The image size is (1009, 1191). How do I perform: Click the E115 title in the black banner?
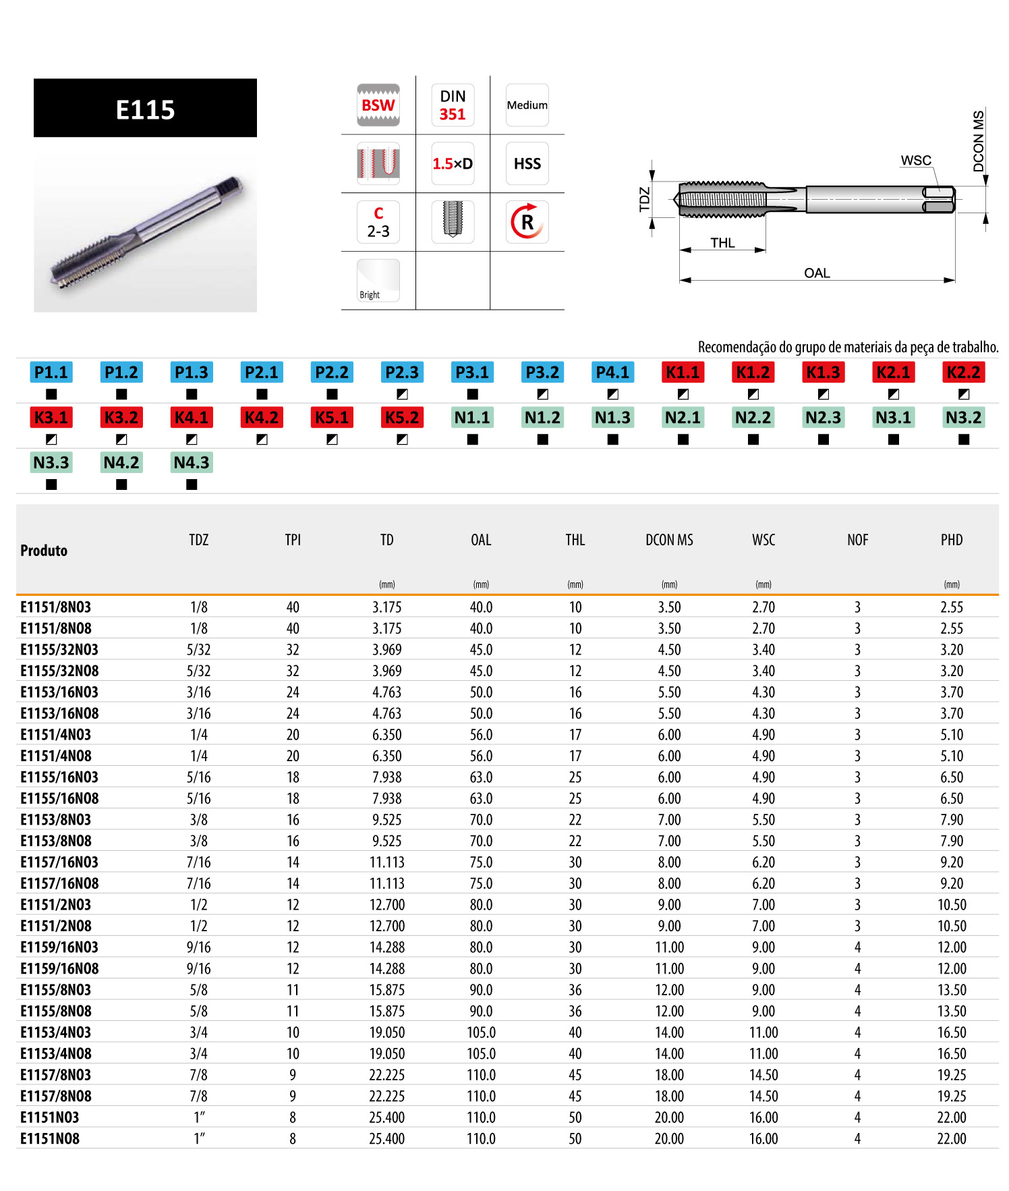[145, 109]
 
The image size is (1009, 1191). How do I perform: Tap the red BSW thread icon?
[378, 105]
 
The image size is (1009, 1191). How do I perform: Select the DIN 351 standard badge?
[453, 105]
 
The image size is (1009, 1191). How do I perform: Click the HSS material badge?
[527, 164]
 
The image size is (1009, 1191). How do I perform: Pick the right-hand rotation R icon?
[527, 222]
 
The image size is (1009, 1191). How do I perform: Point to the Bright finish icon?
[378, 280]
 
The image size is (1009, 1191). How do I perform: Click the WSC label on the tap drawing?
[915, 161]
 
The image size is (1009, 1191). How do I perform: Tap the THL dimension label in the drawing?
[722, 243]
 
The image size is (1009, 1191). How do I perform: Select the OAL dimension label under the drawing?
[817, 273]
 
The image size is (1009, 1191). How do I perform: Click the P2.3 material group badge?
[402, 372]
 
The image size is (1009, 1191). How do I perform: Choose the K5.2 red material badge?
[402, 418]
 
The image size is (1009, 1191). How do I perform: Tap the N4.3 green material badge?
[192, 463]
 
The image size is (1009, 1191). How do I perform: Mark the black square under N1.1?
[472, 439]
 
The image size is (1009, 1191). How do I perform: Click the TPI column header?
[293, 540]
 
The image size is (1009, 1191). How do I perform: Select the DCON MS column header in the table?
[669, 540]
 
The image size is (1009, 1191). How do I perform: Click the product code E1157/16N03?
[59, 862]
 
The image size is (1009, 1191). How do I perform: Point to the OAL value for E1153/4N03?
[481, 1032]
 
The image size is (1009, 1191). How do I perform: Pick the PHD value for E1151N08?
[952, 1139]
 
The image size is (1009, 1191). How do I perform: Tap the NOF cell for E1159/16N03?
[857, 947]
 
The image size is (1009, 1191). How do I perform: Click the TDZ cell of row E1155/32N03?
[198, 650]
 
